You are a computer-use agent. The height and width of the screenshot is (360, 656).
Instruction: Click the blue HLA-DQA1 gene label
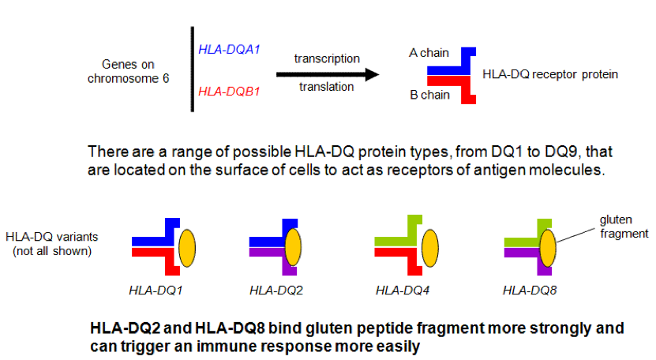point(230,50)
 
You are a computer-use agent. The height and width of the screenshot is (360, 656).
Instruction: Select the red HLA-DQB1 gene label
point(230,92)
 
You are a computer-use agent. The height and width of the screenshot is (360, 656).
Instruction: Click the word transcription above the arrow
point(327,58)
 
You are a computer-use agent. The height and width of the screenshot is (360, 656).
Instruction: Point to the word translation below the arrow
point(327,87)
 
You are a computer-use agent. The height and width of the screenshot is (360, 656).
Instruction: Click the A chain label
point(429,53)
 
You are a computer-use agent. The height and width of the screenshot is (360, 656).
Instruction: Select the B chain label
point(429,96)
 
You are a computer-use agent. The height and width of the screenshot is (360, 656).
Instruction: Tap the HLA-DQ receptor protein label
point(549,74)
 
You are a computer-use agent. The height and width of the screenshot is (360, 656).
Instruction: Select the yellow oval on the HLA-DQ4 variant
point(433,245)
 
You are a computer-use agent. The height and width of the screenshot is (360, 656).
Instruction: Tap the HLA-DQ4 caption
point(403,291)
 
